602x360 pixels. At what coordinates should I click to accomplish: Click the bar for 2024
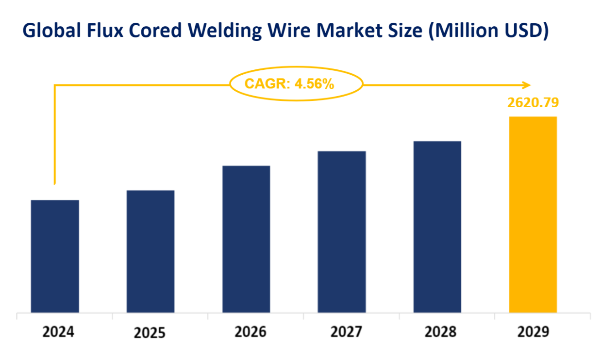pos(55,256)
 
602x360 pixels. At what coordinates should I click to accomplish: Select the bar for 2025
pos(150,251)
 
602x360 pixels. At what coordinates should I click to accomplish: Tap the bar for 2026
pos(246,239)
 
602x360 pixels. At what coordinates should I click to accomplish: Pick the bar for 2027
pos(342,232)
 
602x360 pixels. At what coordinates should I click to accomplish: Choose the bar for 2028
pos(437,227)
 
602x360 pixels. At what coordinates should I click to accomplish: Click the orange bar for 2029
pos(533,214)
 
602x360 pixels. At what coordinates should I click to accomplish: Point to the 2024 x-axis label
pos(58,332)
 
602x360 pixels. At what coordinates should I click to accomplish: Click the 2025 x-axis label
pos(150,333)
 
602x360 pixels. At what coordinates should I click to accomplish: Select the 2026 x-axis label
pos(250,332)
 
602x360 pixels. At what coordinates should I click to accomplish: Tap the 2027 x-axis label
pos(346,332)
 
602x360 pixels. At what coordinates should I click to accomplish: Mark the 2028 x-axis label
pos(440,332)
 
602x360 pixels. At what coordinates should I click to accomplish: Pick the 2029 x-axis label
pos(533,332)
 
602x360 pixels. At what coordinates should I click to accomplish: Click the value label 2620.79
pos(534,102)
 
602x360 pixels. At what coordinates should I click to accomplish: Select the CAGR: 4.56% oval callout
pos(296,84)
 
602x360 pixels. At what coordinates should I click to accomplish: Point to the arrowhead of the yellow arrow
pos(527,85)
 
